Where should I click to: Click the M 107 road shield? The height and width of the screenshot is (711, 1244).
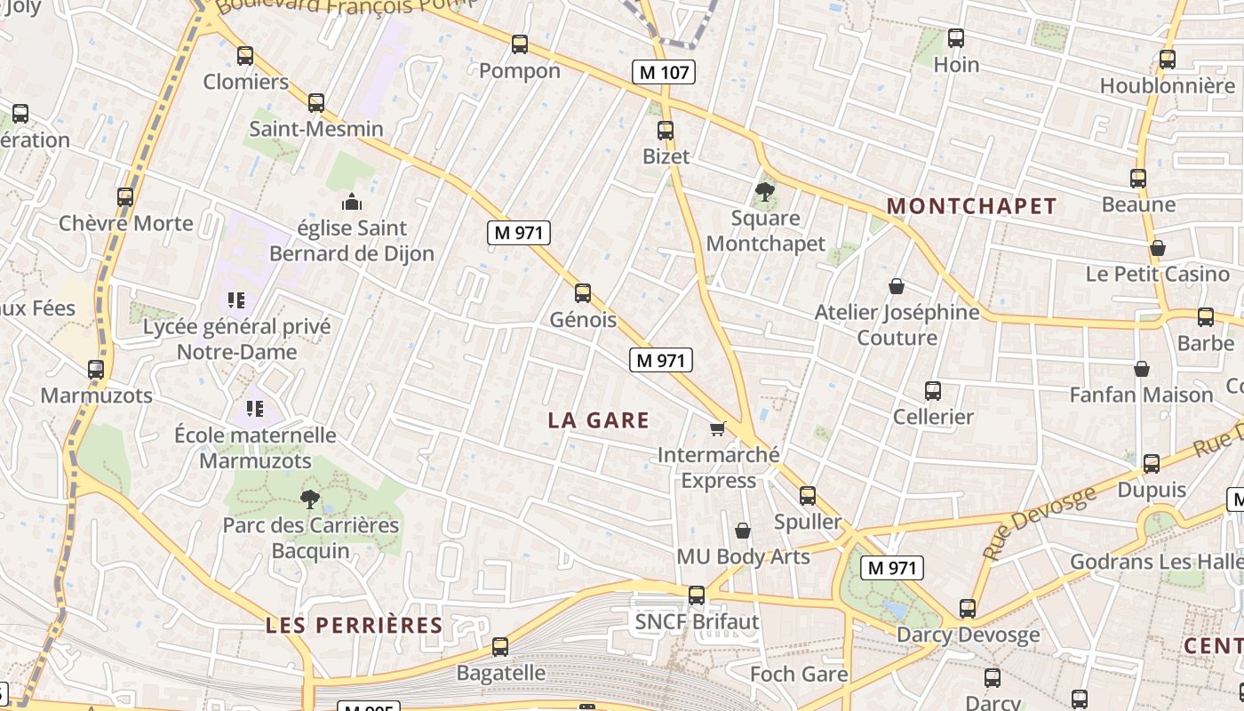pyautogui.click(x=663, y=72)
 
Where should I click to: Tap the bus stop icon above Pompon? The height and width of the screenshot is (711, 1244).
pyautogui.click(x=520, y=44)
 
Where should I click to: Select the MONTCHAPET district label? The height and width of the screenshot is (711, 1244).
pyautogui.click(x=972, y=206)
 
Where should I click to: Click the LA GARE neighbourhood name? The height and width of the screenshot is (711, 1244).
pyautogui.click(x=599, y=420)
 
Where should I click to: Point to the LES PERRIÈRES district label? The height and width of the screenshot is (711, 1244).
pyautogui.click(x=355, y=625)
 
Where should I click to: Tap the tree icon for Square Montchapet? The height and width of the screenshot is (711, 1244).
pyautogui.click(x=763, y=191)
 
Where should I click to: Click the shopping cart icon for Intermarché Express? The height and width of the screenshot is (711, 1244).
pyautogui.click(x=718, y=428)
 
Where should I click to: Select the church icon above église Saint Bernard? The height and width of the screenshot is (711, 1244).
pyautogui.click(x=351, y=202)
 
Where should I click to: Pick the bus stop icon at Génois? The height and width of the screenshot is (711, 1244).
pyautogui.click(x=583, y=292)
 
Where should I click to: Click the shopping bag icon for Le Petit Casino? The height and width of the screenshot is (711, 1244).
pyautogui.click(x=1157, y=247)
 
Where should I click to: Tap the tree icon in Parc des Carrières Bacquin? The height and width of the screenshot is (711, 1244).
pyautogui.click(x=310, y=499)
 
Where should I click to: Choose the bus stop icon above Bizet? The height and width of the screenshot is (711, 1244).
pyautogui.click(x=666, y=131)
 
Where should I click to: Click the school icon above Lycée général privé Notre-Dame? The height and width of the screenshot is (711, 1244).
pyautogui.click(x=235, y=300)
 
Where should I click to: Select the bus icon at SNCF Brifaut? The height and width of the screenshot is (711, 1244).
pyautogui.click(x=697, y=595)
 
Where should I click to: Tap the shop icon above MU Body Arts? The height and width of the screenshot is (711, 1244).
pyautogui.click(x=743, y=531)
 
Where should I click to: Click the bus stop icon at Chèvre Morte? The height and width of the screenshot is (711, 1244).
pyautogui.click(x=125, y=196)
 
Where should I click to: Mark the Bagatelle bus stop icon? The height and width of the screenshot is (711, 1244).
pyautogui.click(x=500, y=646)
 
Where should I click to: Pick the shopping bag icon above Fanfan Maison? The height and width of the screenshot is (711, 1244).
pyautogui.click(x=1142, y=368)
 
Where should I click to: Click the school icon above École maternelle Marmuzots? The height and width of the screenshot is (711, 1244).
pyautogui.click(x=255, y=409)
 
